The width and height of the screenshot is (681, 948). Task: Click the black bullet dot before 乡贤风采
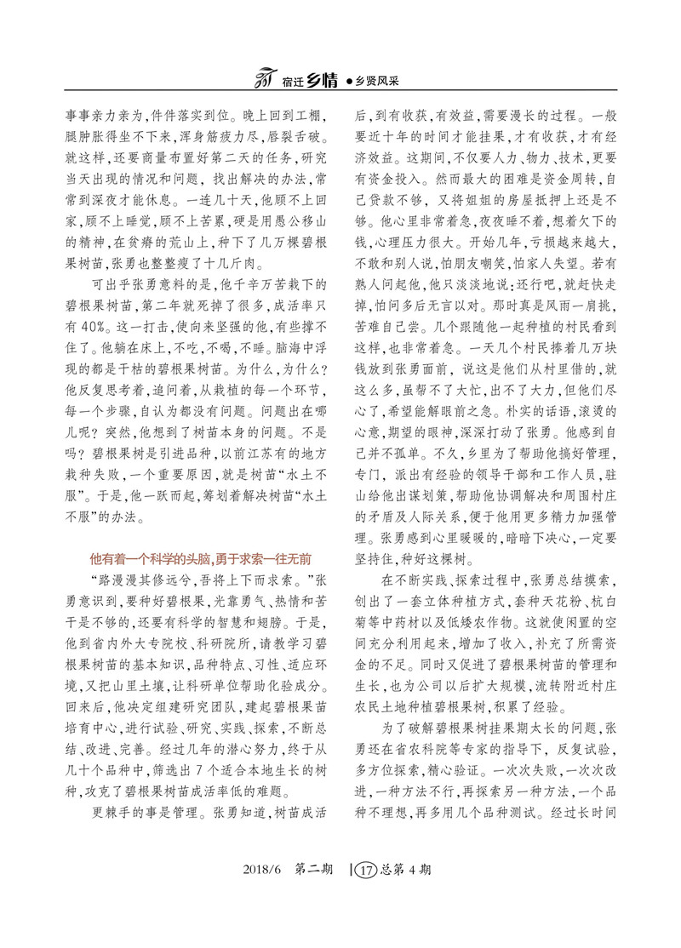pyautogui.click(x=350, y=83)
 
